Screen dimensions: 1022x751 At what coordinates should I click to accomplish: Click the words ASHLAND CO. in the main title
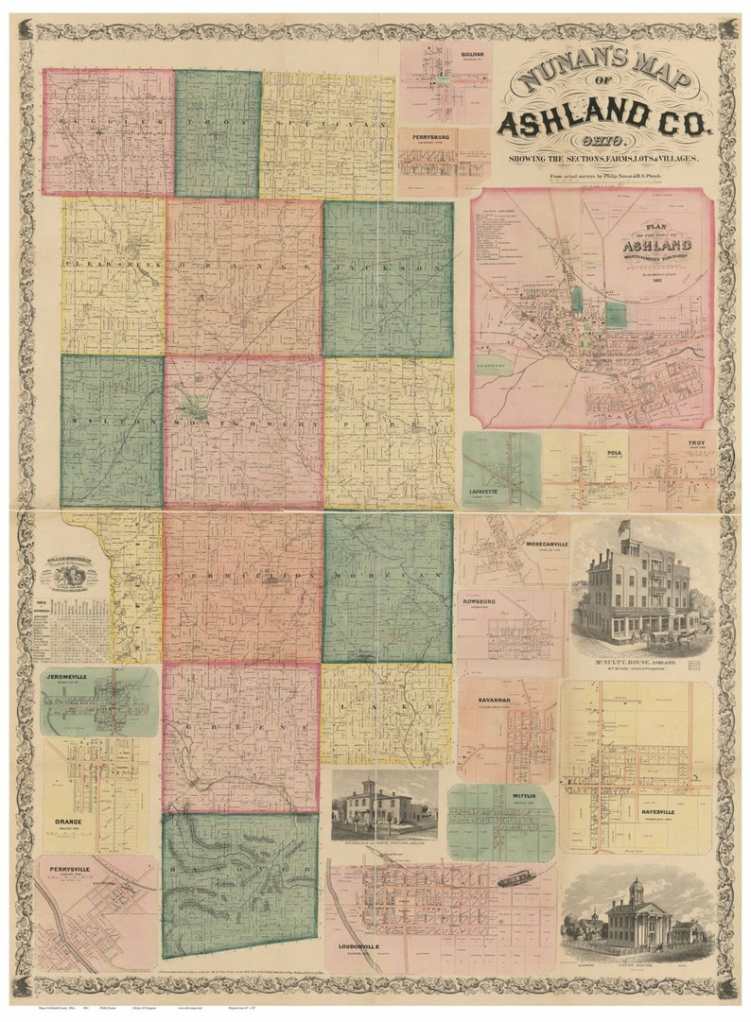pyautogui.click(x=603, y=121)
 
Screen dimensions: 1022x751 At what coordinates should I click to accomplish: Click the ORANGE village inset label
pyautogui.click(x=68, y=822)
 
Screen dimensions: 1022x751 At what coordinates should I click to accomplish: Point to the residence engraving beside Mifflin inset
pyautogui.click(x=384, y=804)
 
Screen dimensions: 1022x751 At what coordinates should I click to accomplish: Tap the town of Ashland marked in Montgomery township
pyautogui.click(x=196, y=408)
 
